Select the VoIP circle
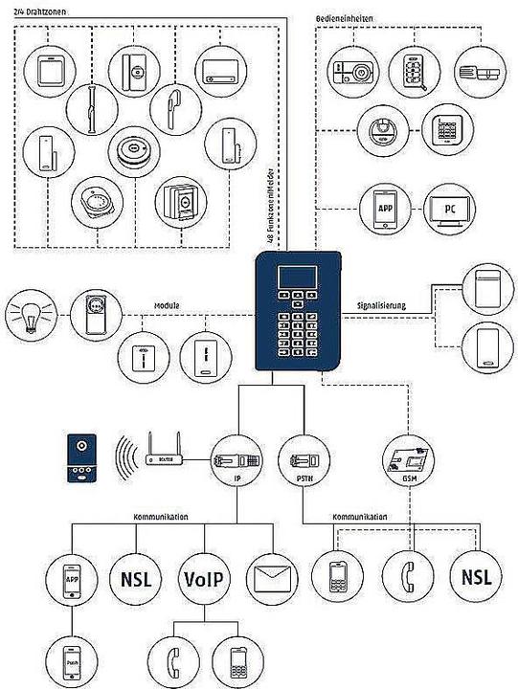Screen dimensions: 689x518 [201, 578]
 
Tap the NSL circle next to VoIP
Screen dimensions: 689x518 [135, 578]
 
